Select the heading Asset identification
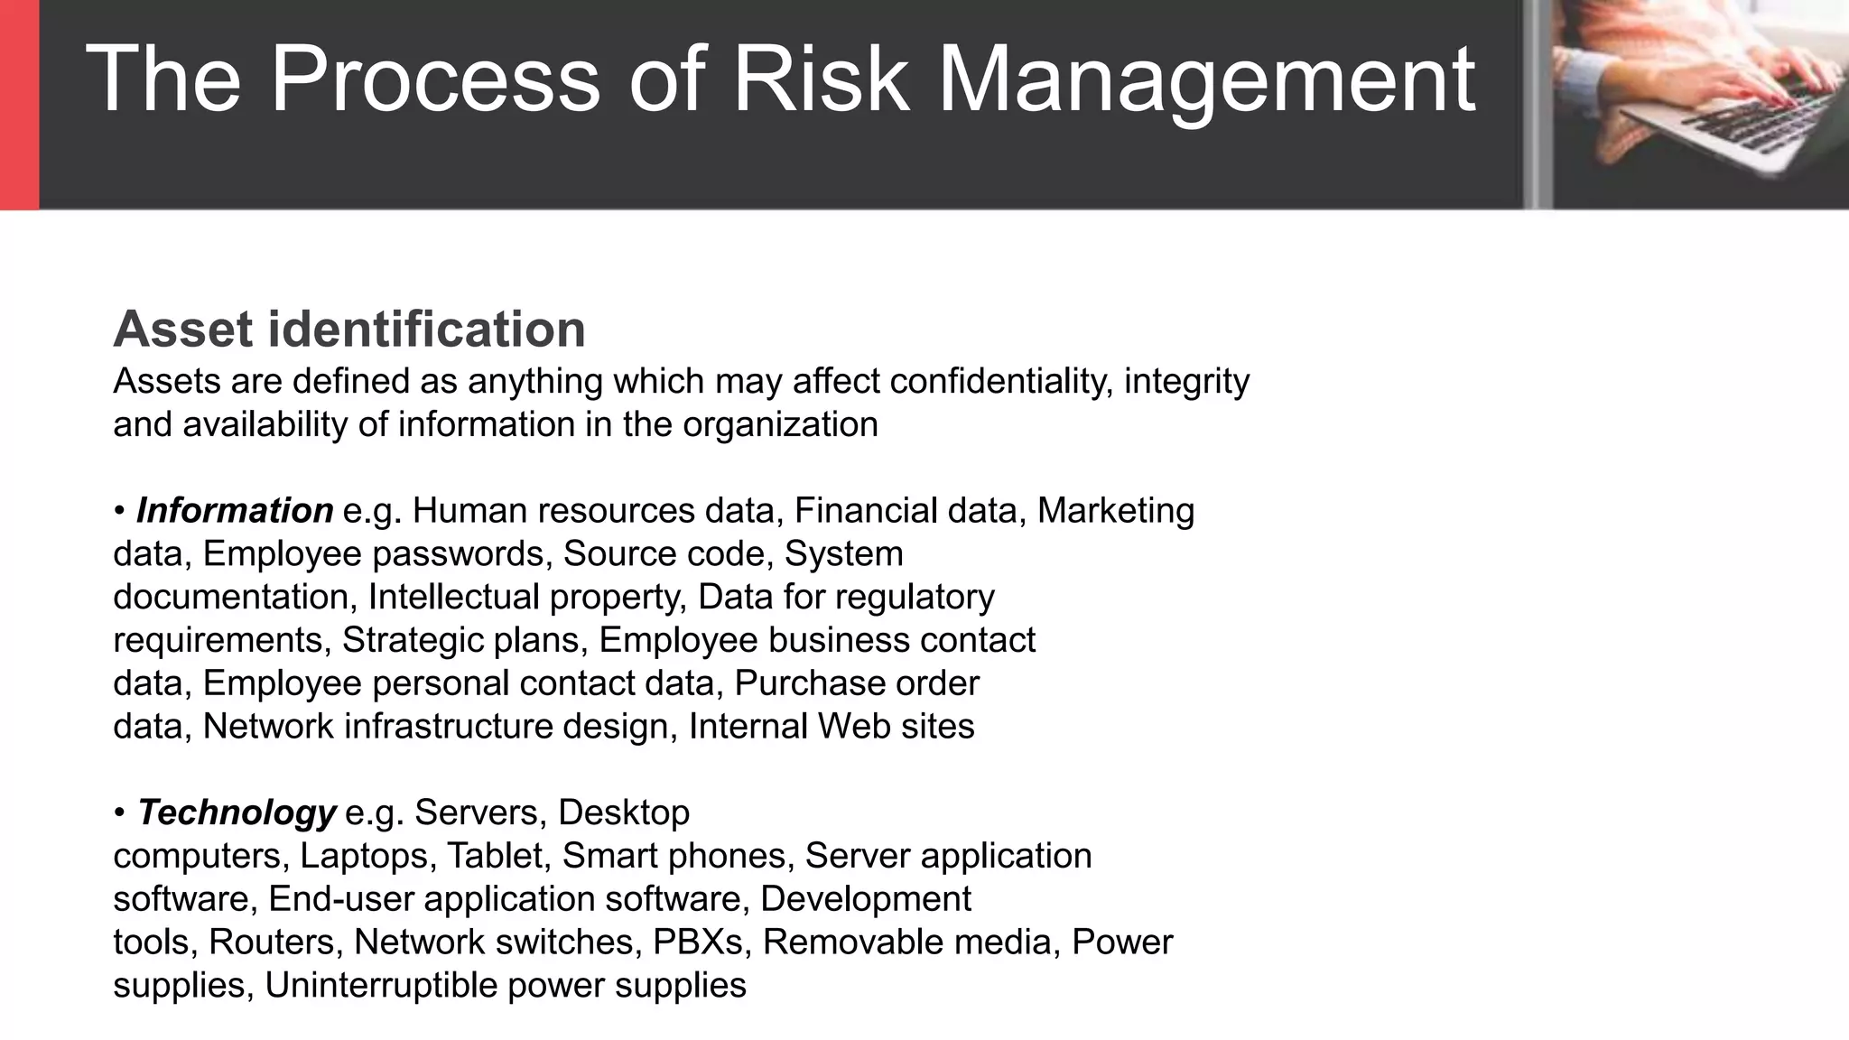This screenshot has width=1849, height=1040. [349, 329]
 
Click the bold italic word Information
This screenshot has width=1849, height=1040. [235, 511]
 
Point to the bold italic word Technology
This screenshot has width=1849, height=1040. [237, 812]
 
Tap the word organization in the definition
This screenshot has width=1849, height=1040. [780, 424]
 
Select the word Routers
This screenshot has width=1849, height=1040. [271, 942]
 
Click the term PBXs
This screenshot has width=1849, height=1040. [697, 942]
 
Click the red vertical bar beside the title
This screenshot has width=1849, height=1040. [19, 104]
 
